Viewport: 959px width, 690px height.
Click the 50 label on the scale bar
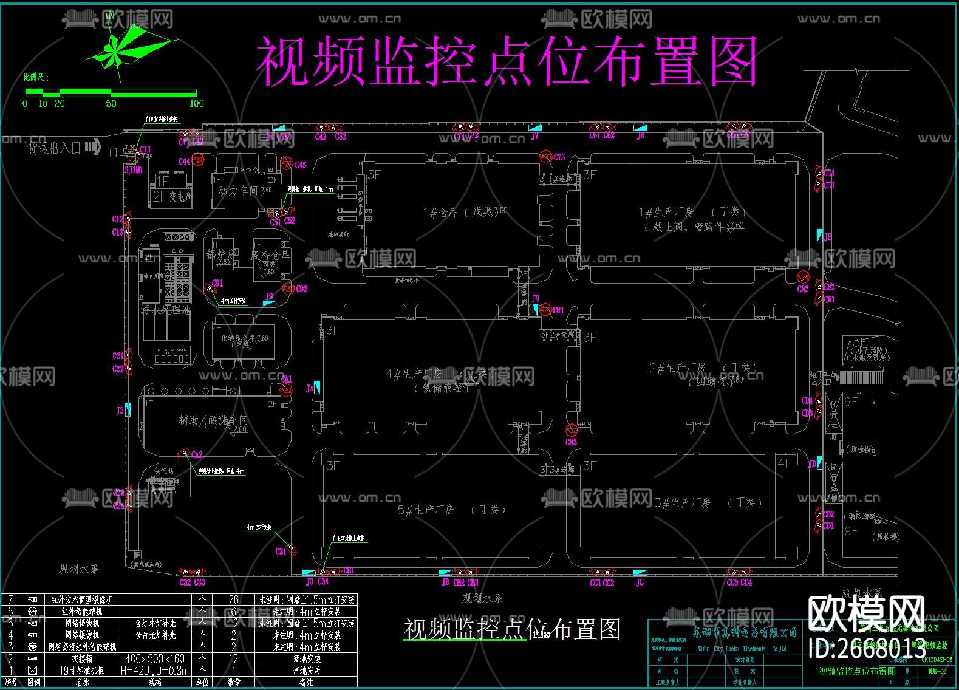click(x=111, y=103)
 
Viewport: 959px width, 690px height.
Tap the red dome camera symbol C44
click(x=197, y=161)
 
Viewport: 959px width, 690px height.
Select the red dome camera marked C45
click(x=286, y=163)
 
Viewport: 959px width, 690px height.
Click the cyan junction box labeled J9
click(x=270, y=298)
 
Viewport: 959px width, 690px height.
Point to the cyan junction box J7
click(x=534, y=128)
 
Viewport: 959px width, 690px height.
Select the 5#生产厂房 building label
click(x=425, y=510)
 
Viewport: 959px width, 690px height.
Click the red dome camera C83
click(x=571, y=431)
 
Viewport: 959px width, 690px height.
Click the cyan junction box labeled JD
click(x=819, y=463)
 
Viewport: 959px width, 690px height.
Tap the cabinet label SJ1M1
click(x=134, y=171)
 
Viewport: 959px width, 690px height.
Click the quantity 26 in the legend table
click(x=234, y=600)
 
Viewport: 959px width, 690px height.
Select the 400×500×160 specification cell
click(x=155, y=658)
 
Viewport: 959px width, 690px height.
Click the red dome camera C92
click(x=287, y=288)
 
